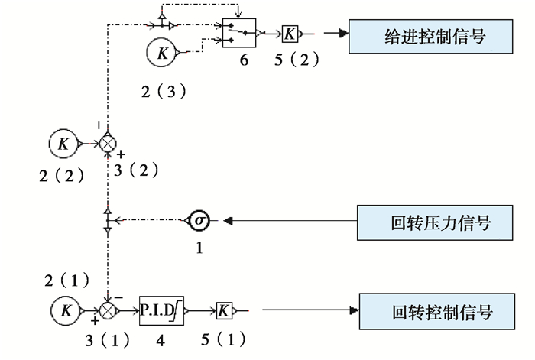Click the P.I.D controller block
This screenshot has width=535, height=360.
(x=158, y=310)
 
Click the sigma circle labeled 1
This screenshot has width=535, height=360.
(x=199, y=222)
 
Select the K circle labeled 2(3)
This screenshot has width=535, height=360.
(x=161, y=53)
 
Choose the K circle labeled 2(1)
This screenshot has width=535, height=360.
(x=66, y=310)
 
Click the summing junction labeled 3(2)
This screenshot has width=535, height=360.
(x=108, y=143)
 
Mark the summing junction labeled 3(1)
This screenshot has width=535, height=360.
(x=109, y=310)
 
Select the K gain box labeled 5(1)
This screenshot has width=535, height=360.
(x=224, y=310)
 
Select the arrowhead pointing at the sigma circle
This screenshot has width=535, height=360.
(x=227, y=222)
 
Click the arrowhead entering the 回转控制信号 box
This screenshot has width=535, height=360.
(x=354, y=310)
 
